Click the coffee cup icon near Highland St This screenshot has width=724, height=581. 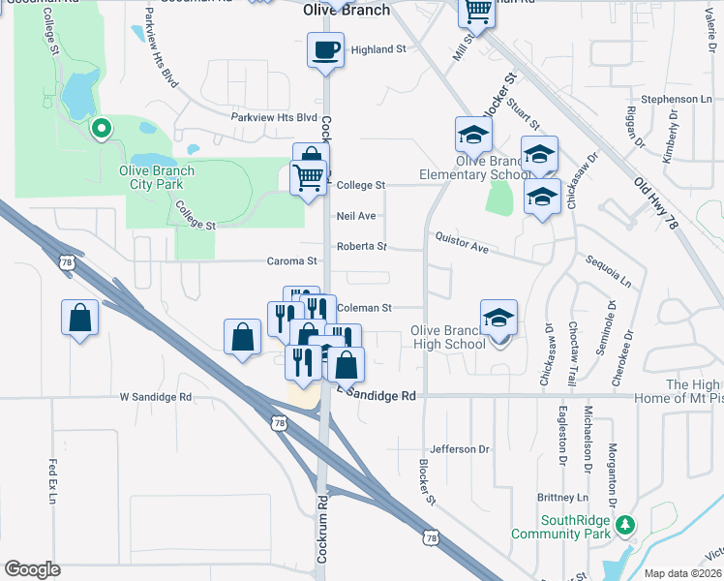pyautogui.click(x=326, y=49)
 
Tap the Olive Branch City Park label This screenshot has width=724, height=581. pyautogui.click(x=157, y=177)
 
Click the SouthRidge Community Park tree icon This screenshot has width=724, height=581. pyautogui.click(x=626, y=525)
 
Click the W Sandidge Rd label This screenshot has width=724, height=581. pyautogui.click(x=155, y=397)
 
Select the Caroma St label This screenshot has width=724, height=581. pyautogui.click(x=292, y=261)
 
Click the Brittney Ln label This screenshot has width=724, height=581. pyautogui.click(x=562, y=497)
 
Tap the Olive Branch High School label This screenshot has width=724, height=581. pyautogui.click(x=448, y=337)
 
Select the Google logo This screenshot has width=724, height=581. pyautogui.click(x=33, y=568)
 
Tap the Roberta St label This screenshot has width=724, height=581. pyautogui.click(x=361, y=246)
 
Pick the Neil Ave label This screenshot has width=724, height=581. pyautogui.click(x=355, y=216)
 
